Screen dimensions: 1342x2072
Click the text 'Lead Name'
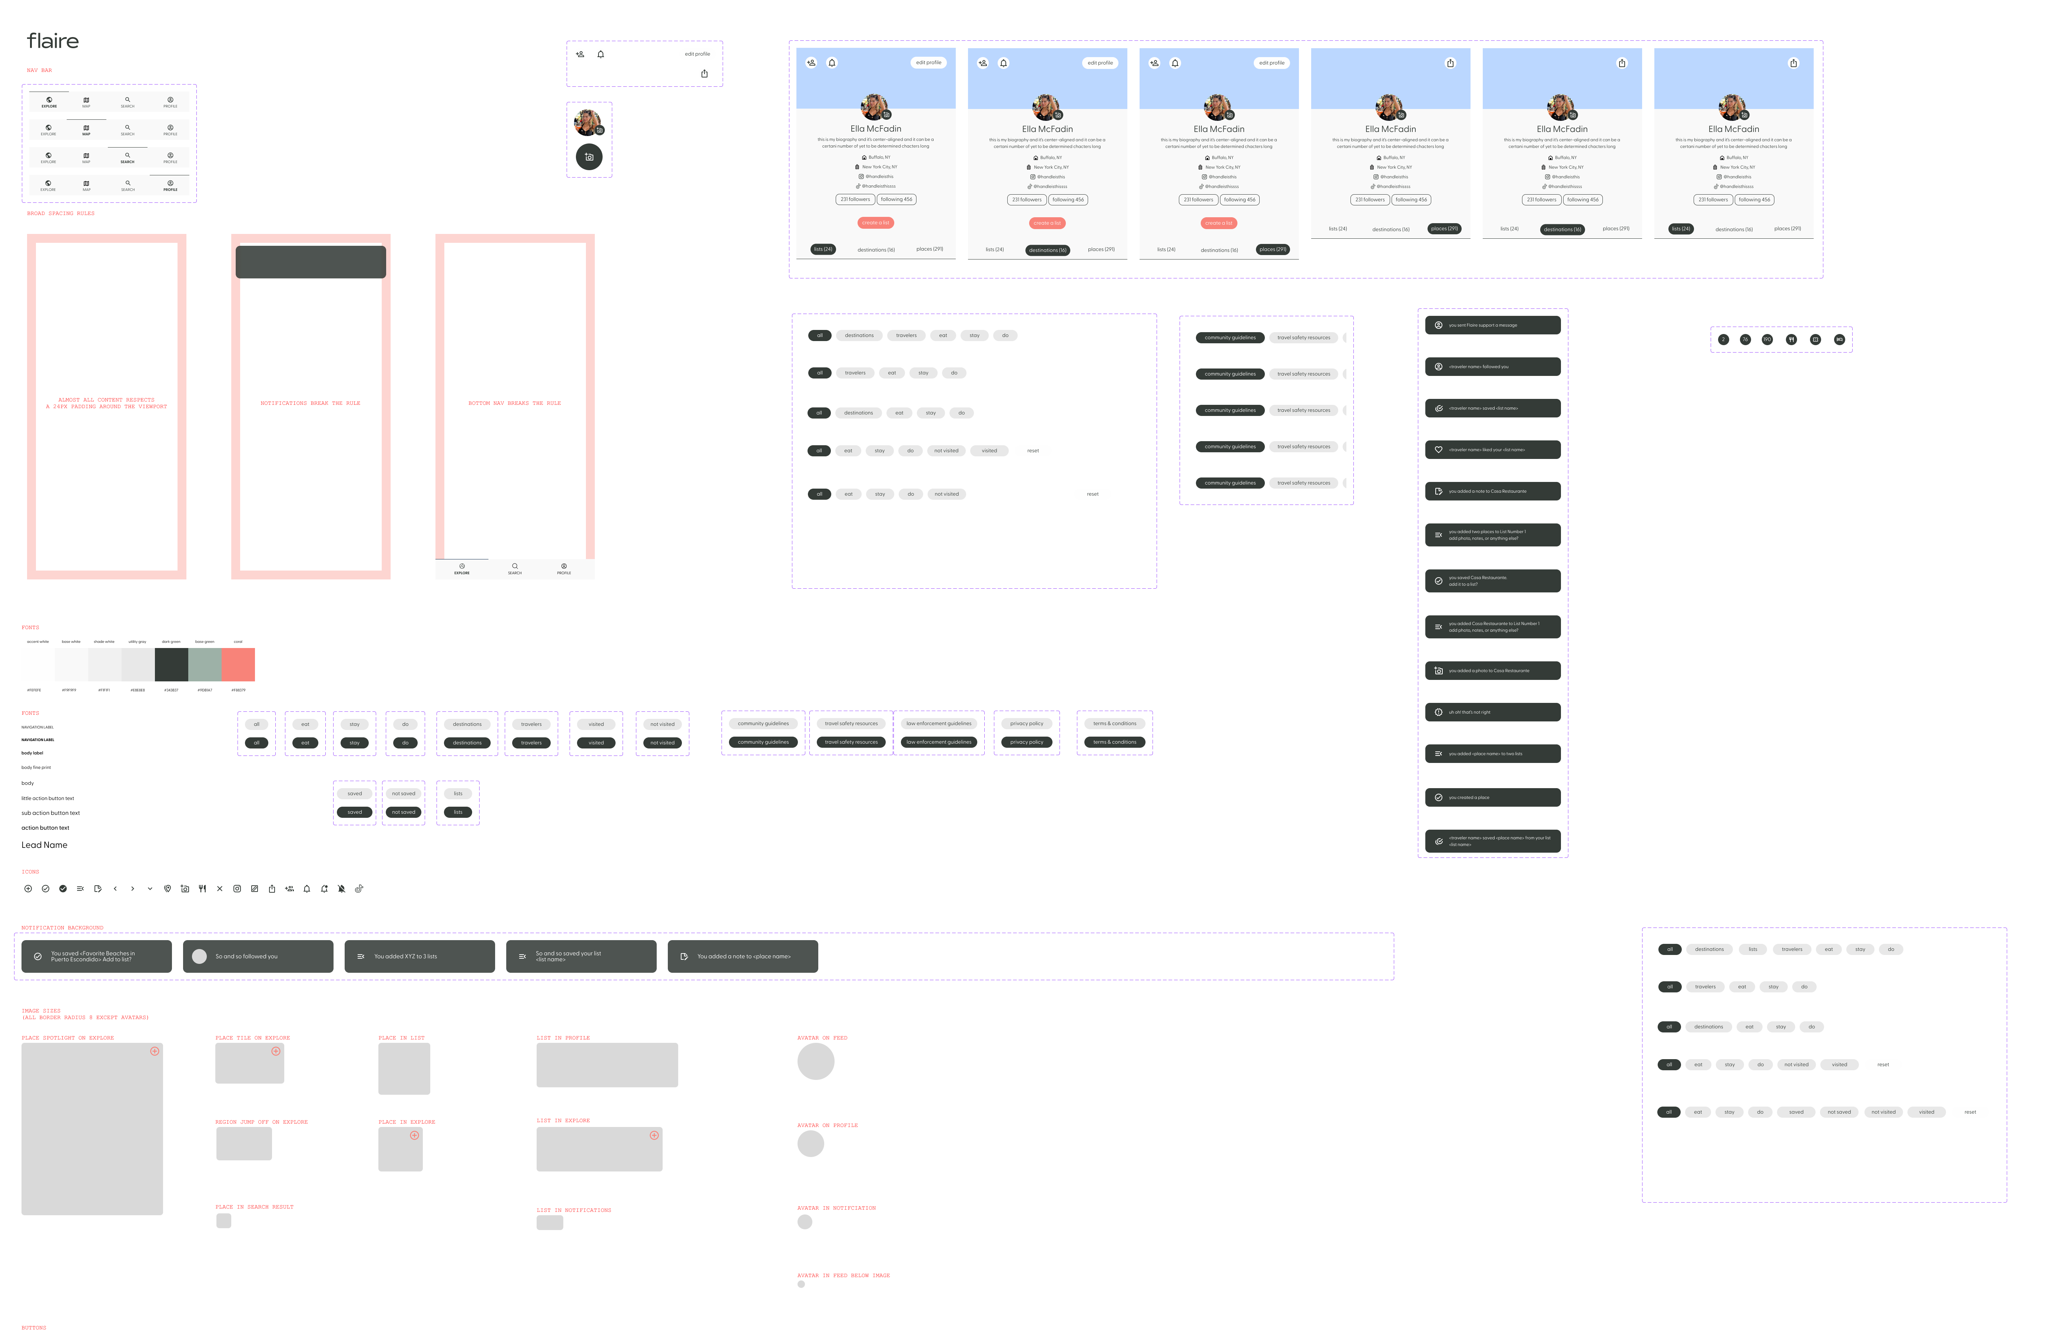[44, 845]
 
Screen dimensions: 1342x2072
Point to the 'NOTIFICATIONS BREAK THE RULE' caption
[310, 403]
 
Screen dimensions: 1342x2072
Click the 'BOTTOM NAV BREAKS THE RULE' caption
[514, 403]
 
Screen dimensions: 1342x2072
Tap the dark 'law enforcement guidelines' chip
[938, 742]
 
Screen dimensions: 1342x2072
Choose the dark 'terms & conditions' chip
[1114, 742]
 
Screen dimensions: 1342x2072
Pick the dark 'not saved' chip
[403, 812]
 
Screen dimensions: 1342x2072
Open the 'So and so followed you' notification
[258, 956]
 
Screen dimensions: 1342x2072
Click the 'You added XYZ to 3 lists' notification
[420, 956]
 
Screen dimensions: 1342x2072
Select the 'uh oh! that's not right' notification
[1492, 713]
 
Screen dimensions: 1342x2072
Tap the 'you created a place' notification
[1492, 797]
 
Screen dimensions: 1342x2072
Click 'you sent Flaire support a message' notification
[1492, 325]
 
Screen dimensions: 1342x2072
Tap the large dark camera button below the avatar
[589, 157]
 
